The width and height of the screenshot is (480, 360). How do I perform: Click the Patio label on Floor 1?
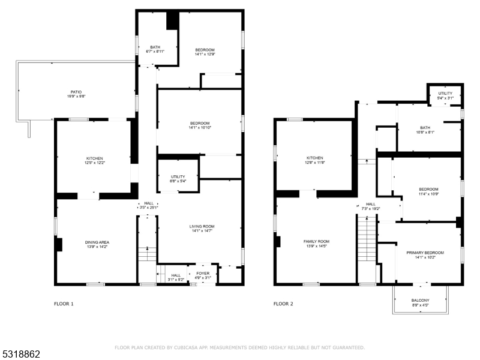pos(76,92)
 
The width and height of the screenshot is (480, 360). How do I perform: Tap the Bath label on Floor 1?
pos(155,47)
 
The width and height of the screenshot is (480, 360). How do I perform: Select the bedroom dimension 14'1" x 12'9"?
pos(205,54)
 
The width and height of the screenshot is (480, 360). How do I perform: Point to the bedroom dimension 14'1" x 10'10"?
pos(200,127)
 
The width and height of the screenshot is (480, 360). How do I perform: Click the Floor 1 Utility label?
pos(178,176)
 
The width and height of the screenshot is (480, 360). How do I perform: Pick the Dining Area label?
pos(97,242)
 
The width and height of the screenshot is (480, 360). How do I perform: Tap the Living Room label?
pos(202,227)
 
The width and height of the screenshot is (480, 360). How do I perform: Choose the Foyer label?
pos(203,274)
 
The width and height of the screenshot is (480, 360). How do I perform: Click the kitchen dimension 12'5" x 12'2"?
pos(95,163)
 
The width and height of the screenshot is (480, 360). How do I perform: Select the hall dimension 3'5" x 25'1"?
pos(149,208)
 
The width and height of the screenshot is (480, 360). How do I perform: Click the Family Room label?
pos(317,242)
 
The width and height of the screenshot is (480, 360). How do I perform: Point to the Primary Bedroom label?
pos(425,253)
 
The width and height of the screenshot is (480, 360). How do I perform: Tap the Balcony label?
pos(421,301)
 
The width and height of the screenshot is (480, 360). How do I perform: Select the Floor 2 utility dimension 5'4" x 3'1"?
pos(445,98)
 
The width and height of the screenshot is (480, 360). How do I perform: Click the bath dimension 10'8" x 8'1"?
pos(425,132)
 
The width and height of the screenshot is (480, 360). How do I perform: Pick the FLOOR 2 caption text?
pos(283,304)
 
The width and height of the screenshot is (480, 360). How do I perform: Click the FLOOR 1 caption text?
pos(64,304)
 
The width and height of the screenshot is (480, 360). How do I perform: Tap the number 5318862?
pos(20,354)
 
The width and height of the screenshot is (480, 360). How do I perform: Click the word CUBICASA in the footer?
pos(185,347)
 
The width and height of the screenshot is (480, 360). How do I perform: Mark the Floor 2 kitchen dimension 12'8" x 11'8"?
pos(315,163)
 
